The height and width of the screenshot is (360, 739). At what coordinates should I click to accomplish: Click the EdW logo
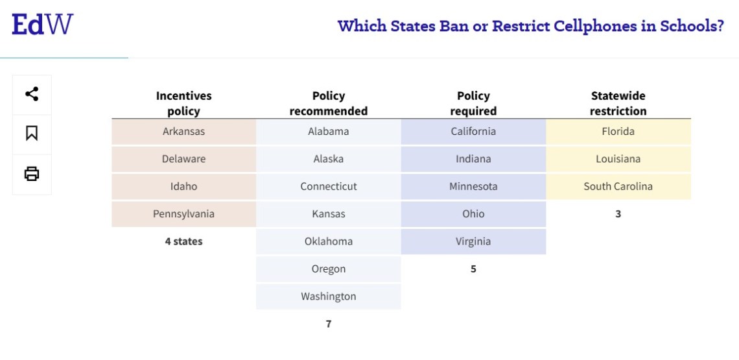(42, 25)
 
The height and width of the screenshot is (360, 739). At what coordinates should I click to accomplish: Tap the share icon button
(32, 94)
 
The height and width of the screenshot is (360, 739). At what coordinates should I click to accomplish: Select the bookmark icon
(32, 133)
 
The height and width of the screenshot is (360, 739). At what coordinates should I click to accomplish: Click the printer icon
(32, 174)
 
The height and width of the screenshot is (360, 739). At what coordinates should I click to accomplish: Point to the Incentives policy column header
(183, 103)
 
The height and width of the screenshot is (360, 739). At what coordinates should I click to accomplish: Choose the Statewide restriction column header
(618, 103)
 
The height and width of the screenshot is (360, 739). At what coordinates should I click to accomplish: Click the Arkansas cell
(183, 132)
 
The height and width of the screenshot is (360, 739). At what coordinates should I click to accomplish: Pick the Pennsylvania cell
(183, 214)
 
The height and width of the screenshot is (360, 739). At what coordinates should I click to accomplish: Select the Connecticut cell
(328, 187)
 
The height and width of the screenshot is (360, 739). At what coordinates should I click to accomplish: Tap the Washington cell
(328, 296)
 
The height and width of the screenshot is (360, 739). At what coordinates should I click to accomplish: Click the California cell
(473, 132)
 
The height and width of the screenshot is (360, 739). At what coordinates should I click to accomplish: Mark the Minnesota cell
(473, 187)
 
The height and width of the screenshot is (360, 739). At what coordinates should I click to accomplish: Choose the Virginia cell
(473, 241)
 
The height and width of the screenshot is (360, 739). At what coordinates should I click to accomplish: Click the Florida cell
(618, 132)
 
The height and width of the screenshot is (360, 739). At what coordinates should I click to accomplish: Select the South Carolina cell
(618, 187)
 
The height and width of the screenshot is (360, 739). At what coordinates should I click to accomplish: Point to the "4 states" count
(183, 241)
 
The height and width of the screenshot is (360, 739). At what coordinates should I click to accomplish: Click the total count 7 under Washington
(328, 324)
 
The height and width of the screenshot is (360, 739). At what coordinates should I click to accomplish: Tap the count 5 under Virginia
(473, 269)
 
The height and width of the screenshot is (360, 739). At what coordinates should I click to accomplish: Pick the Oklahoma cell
(328, 241)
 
